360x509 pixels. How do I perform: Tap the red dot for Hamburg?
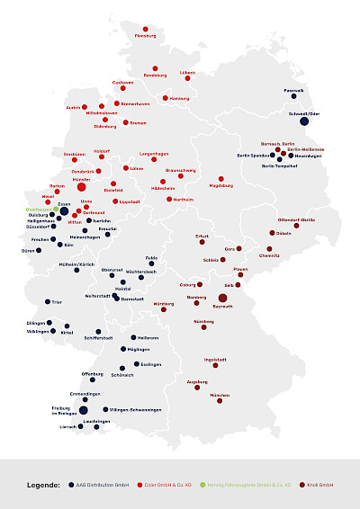(167, 90)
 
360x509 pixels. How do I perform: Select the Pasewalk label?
(294, 90)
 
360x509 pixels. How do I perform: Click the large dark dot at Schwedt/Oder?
(304, 121)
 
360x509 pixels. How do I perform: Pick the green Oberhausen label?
(40, 210)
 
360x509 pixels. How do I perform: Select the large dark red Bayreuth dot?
(223, 298)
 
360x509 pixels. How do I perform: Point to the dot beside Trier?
(48, 302)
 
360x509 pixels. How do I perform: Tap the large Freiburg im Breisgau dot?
(71, 410)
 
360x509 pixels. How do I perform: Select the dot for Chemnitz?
(269, 249)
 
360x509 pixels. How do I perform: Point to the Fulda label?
(151, 258)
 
